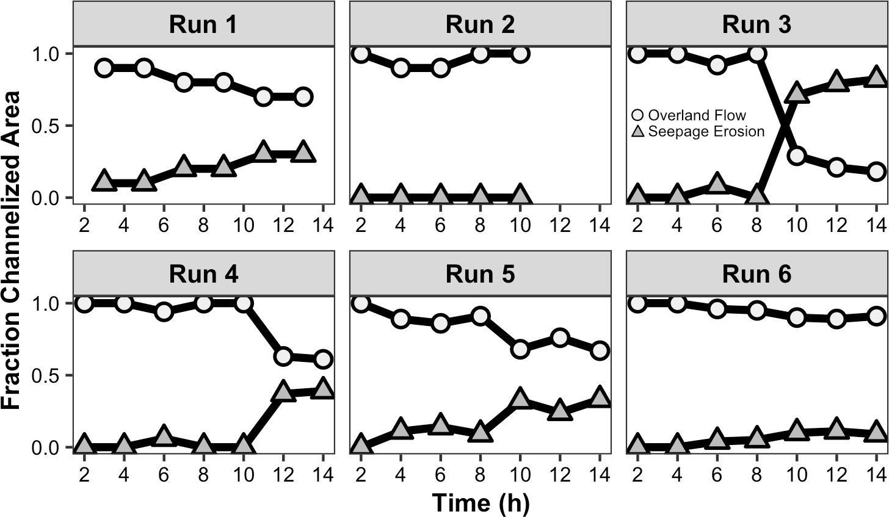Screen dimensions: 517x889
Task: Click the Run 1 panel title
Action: click(x=203, y=24)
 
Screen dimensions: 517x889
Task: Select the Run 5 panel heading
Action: click(x=480, y=275)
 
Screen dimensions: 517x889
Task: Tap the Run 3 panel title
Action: click(x=757, y=24)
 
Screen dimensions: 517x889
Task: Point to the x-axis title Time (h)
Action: click(x=480, y=504)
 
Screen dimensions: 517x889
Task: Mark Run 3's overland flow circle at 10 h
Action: click(x=796, y=156)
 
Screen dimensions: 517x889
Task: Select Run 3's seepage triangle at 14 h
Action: click(x=876, y=78)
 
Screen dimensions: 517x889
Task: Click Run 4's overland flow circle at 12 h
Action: click(x=283, y=356)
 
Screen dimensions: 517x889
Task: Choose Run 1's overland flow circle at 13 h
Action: click(x=303, y=96)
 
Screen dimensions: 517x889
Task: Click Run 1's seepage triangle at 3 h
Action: click(x=104, y=181)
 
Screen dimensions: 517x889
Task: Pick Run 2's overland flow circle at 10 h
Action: click(x=520, y=53)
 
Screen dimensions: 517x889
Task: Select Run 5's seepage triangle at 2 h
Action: click(x=361, y=445)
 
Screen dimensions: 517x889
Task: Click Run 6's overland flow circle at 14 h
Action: click(x=876, y=316)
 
